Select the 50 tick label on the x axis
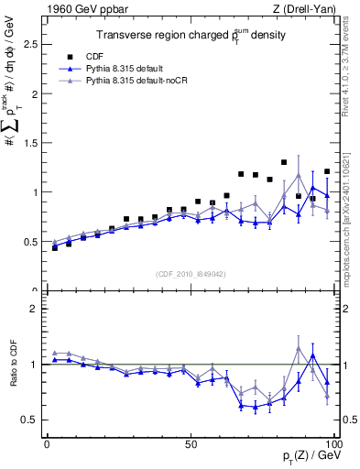pyautogui.click(x=191, y=443)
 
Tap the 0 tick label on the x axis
pyautogui.click(x=47, y=443)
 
